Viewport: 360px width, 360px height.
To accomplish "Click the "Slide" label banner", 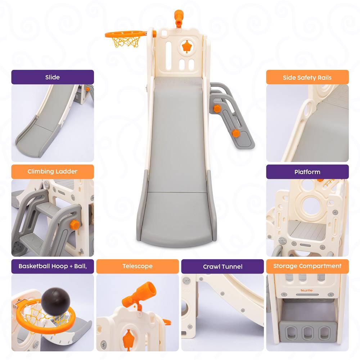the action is pos(53,77).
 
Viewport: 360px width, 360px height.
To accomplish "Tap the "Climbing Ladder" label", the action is pos(53,171).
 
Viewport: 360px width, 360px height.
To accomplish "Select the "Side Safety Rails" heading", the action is pos(307,77).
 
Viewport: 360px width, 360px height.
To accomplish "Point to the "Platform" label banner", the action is pos(307,172).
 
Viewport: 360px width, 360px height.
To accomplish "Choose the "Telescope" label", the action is pos(138,266).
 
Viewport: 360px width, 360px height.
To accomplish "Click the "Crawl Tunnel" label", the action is pos(222,266).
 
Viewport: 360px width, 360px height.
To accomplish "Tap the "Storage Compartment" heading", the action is pos(307,266).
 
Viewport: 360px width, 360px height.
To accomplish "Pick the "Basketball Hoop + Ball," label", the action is pos(53,266).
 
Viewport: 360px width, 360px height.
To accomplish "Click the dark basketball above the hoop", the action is pos(55,301).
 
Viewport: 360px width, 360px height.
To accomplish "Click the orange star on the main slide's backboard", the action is pos(187,47).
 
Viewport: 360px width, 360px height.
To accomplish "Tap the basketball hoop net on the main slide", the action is pos(126,42).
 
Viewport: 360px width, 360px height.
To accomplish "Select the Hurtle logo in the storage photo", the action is pos(307,291).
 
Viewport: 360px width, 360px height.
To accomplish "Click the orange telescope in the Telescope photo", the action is pos(139,294).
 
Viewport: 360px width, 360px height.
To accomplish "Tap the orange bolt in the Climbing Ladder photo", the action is pos(75,224).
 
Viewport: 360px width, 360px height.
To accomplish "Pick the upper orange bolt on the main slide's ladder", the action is pos(217,109).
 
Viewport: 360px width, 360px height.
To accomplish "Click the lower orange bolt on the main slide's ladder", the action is pos(235,133).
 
